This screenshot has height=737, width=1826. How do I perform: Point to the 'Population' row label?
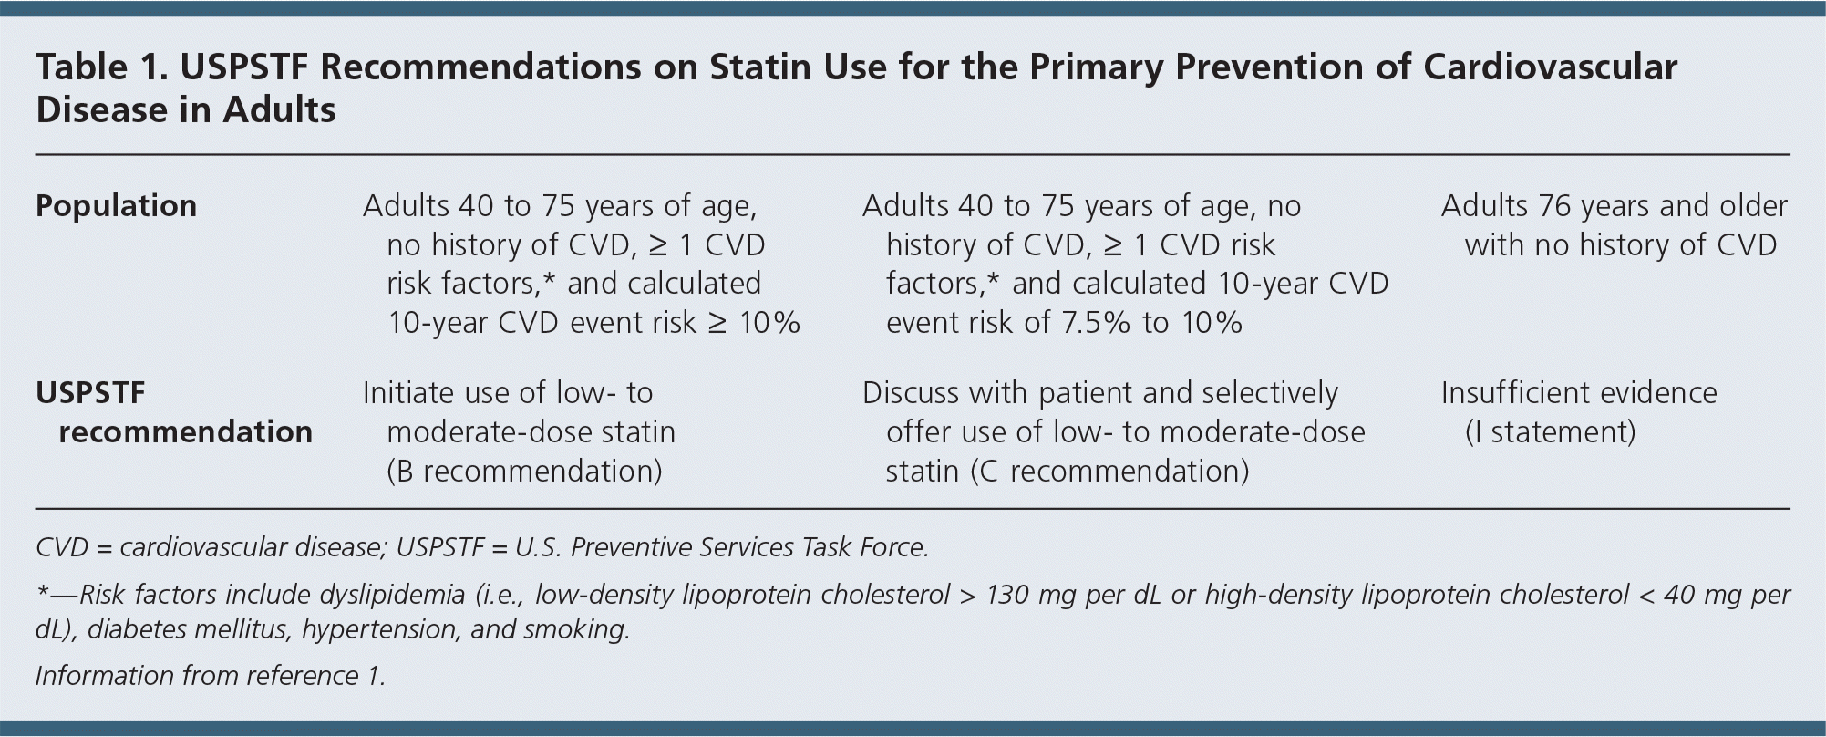tap(116, 206)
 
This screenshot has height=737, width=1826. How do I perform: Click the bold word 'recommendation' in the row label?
tap(185, 431)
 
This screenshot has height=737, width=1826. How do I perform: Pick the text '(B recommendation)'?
tap(524, 471)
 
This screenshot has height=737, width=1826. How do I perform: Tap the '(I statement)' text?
tap(1550, 431)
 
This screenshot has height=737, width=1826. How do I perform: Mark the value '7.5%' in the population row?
tap(1096, 322)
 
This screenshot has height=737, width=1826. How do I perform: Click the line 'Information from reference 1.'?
tap(211, 676)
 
